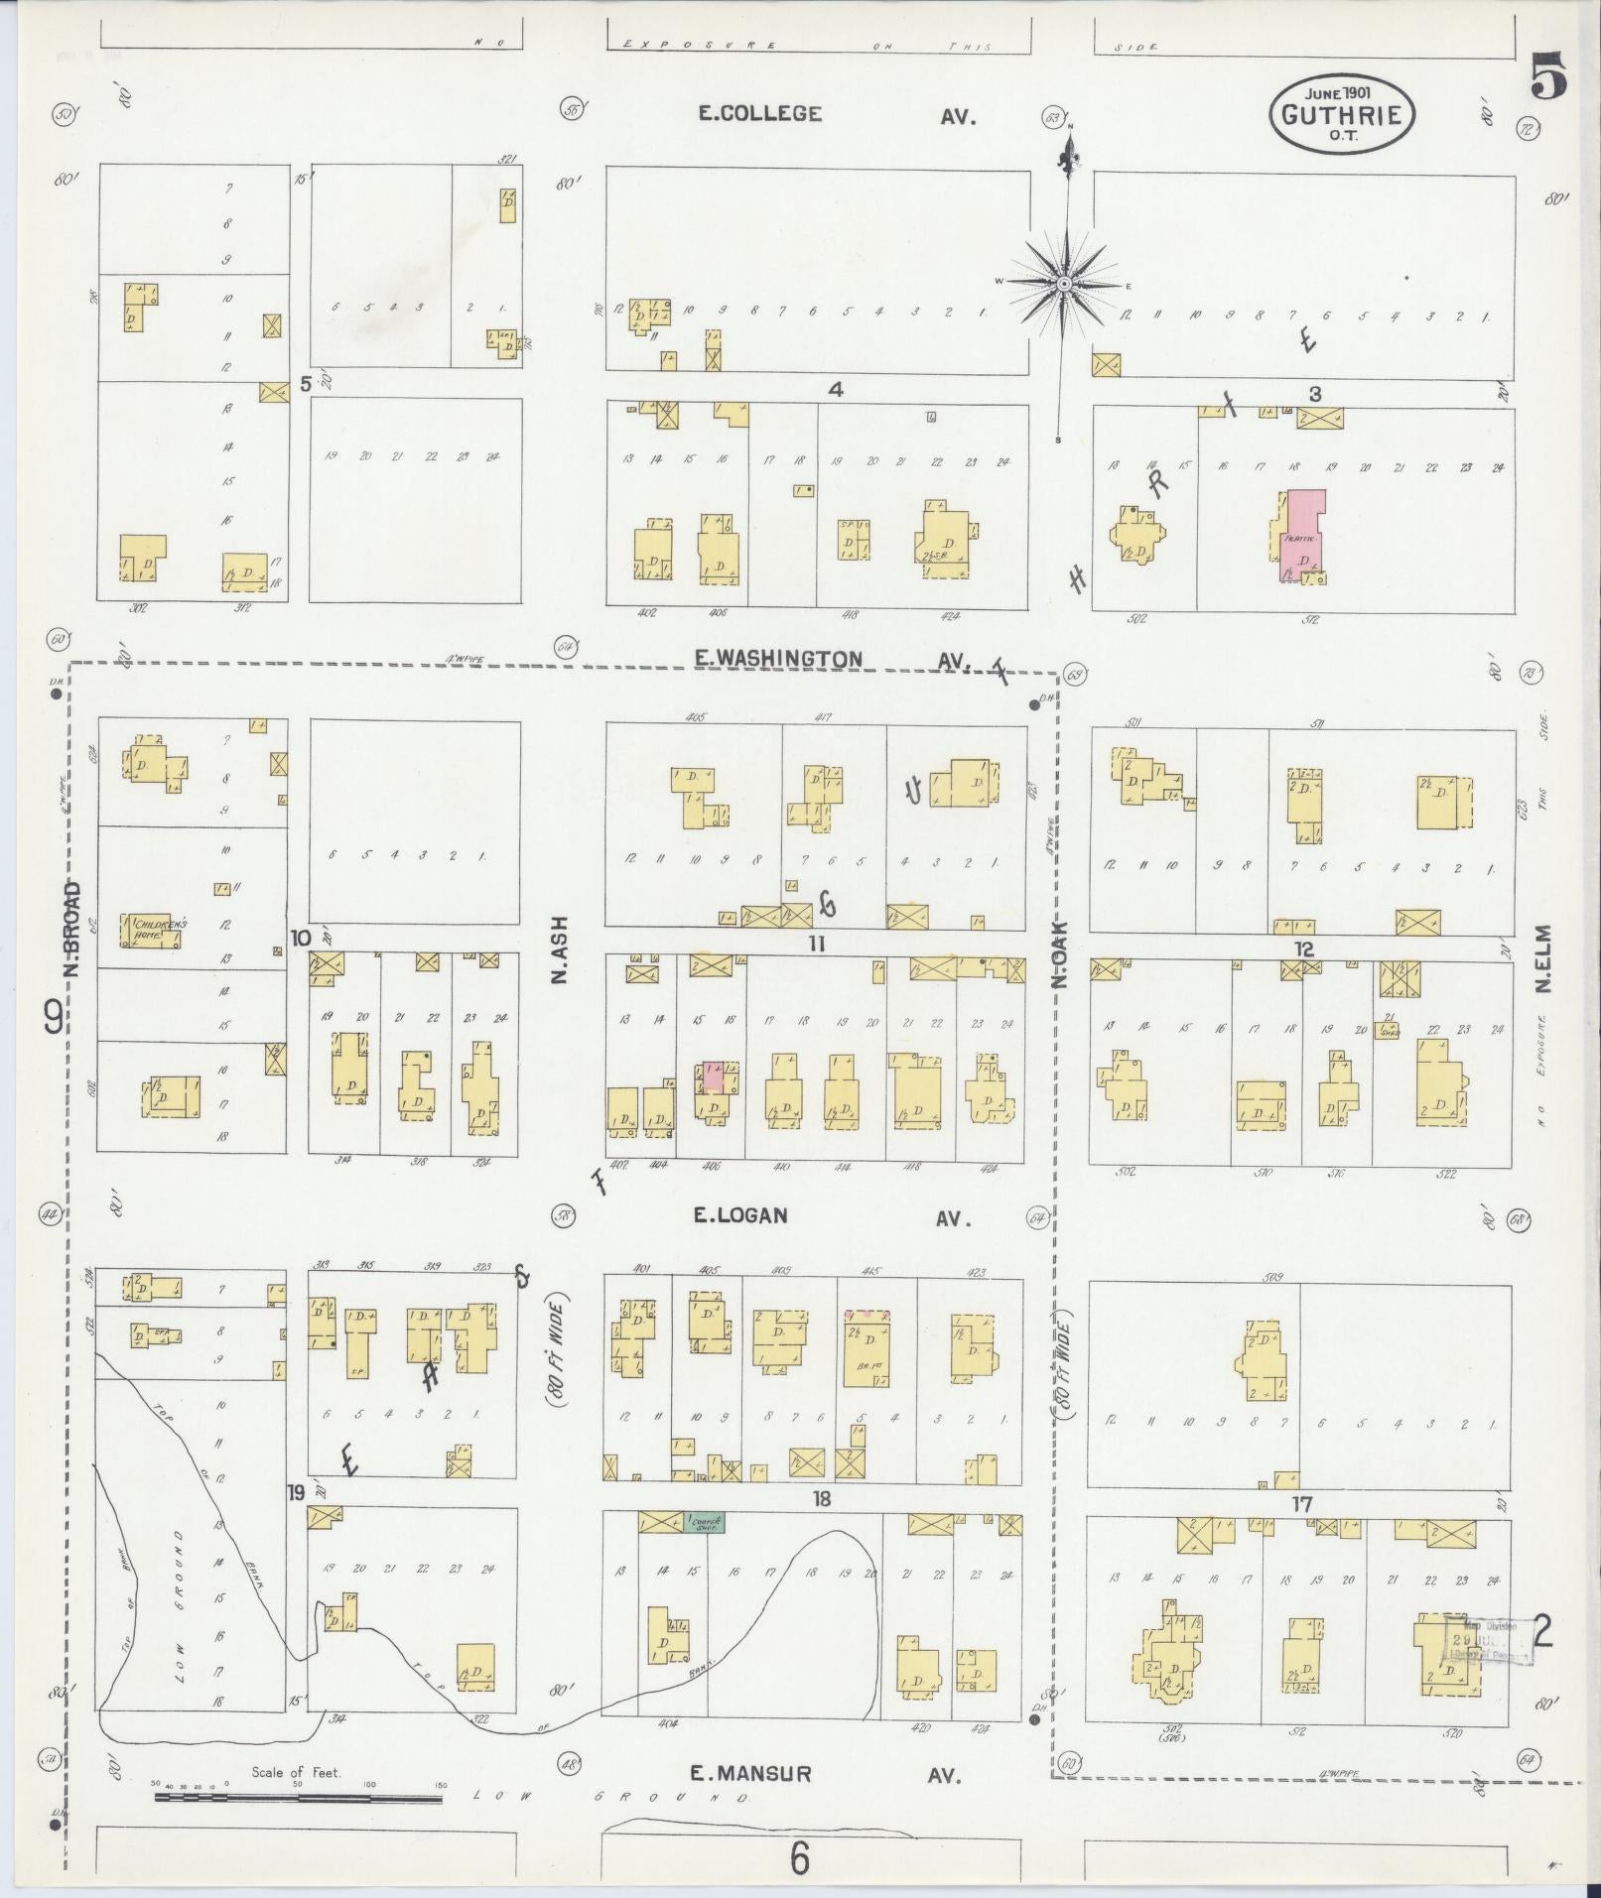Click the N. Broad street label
pos(72,928)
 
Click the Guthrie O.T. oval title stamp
pos(1342,115)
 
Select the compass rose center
pos(1064,284)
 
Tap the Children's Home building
pos(152,929)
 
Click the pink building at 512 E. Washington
pos(1299,536)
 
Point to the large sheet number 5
pos(1548,74)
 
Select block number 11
pos(816,944)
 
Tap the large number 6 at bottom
pos(800,1860)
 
